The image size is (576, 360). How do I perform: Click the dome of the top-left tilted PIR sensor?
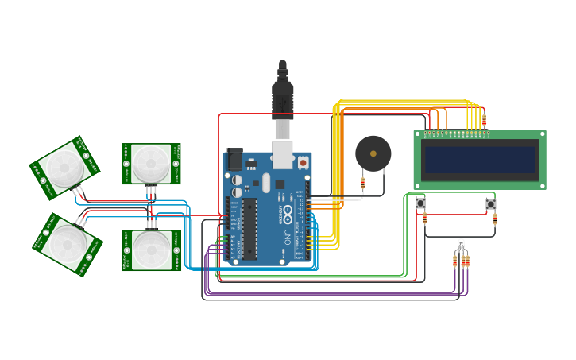tap(61, 167)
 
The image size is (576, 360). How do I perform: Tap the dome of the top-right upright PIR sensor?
tap(149, 163)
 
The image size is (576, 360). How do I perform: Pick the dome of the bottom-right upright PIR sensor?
tap(149, 250)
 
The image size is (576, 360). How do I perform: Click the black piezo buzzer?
tap(373, 153)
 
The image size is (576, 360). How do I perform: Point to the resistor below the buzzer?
tap(363, 183)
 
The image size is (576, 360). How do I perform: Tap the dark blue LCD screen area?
tap(480, 160)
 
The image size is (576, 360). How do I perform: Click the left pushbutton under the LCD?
tap(420, 204)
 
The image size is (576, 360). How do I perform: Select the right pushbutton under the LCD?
tap(490, 204)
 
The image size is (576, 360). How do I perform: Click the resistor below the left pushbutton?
tap(424, 219)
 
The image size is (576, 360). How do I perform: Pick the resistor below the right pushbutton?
tap(495, 219)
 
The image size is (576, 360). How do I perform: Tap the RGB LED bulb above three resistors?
tap(461, 245)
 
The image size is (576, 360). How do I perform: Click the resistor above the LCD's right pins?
tap(484, 122)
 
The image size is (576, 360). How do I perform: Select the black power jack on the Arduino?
tap(234, 160)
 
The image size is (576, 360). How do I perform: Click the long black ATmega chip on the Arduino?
tap(249, 230)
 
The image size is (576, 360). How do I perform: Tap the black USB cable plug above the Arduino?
tap(283, 95)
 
